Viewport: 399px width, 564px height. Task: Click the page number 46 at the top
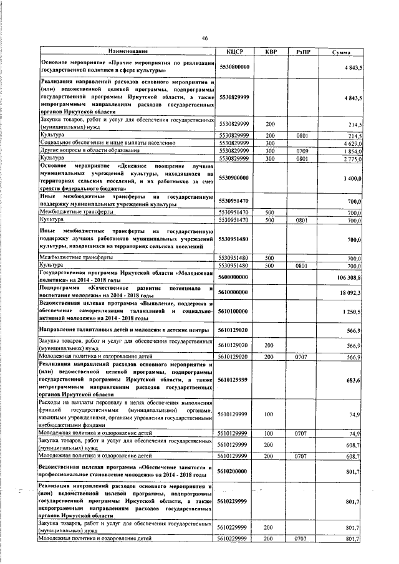[x=204, y=39]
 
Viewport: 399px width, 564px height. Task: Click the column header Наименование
[x=128, y=51]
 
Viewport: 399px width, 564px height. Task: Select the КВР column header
[x=270, y=51]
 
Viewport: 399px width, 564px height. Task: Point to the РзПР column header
[x=304, y=51]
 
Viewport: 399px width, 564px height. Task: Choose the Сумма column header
[x=341, y=51]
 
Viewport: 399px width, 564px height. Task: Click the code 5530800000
[x=234, y=67]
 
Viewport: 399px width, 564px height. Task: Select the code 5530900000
[x=234, y=178]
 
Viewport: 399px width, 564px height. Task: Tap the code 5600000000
[x=234, y=277]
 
